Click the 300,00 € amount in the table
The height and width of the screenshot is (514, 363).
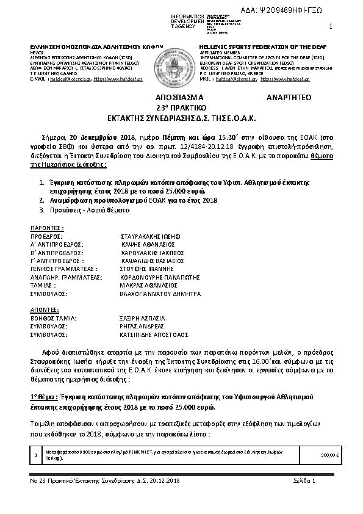329,455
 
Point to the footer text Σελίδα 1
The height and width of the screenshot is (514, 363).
304,482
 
